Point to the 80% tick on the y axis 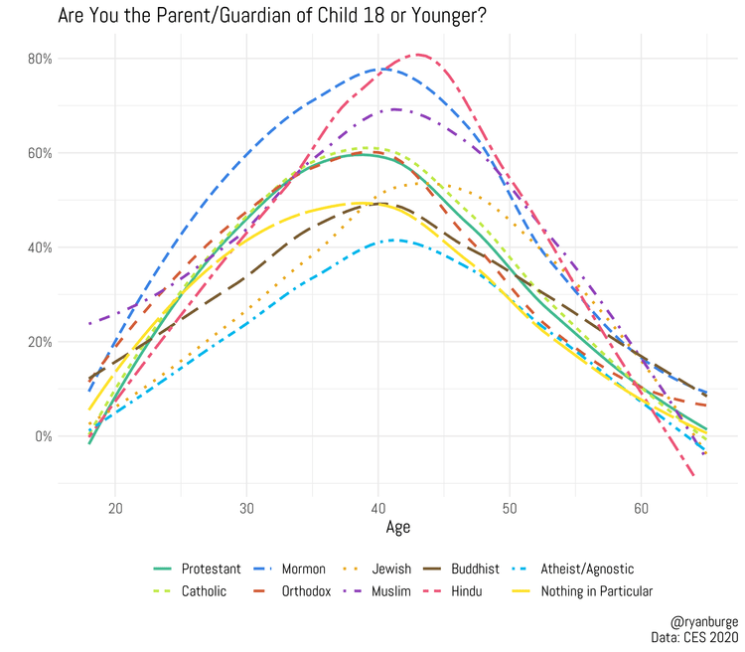(x=40, y=59)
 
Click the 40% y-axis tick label (x=40, y=247)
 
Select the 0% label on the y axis (x=43, y=436)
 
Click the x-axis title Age (x=397, y=528)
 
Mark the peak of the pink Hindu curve (x=418, y=55)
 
